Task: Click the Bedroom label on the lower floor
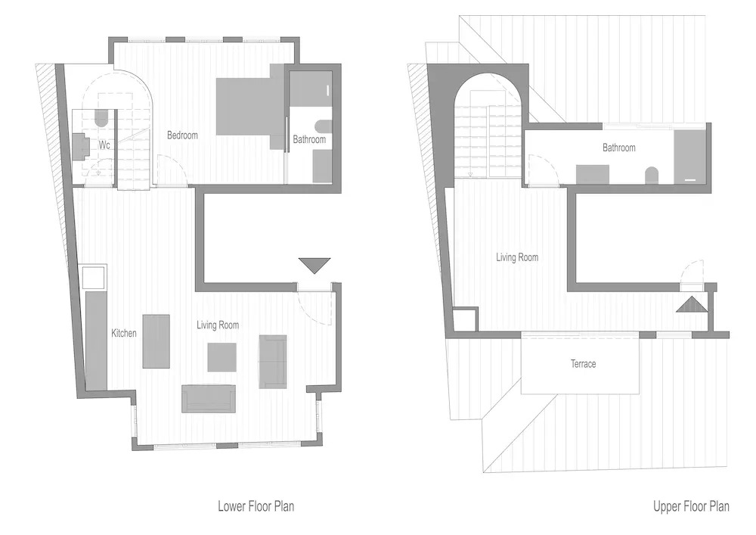tap(182, 135)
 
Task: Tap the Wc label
tap(104, 145)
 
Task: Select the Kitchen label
tap(124, 333)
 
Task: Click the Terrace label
tap(584, 364)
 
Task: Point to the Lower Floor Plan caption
tap(256, 506)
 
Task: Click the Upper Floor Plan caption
tap(692, 506)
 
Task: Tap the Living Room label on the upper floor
tap(517, 257)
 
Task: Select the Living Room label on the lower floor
tap(218, 325)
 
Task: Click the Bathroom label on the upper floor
tap(619, 148)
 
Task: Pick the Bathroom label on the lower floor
tap(309, 139)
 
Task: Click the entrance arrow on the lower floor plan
tap(314, 266)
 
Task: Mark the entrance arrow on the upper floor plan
tap(692, 305)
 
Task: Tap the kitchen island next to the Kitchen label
tap(156, 341)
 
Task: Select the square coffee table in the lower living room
tap(222, 357)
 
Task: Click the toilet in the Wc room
tap(101, 117)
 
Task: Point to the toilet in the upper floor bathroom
tap(652, 175)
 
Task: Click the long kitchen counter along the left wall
tap(96, 340)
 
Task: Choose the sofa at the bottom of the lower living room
tap(209, 399)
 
